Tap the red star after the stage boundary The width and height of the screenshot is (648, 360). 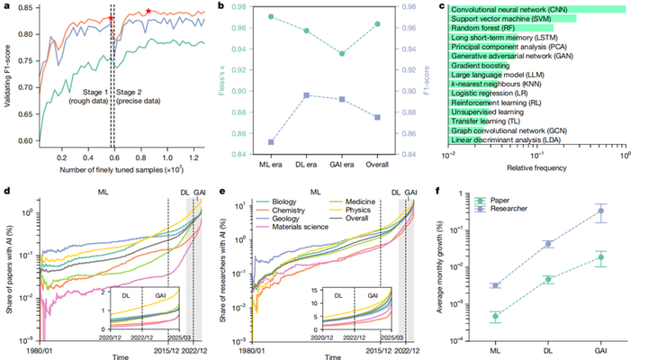pyautogui.click(x=148, y=11)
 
